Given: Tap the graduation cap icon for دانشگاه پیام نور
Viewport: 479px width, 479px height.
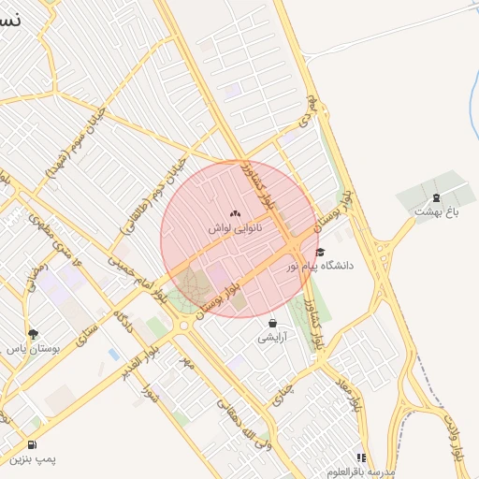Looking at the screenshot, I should tap(320, 252).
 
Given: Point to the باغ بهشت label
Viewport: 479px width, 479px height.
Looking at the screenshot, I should tap(436, 211).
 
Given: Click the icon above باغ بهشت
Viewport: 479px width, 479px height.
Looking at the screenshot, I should tap(436, 196).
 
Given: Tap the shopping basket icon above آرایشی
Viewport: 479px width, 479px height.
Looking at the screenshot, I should tap(272, 323).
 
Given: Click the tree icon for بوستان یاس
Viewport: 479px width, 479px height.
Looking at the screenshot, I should tap(34, 333).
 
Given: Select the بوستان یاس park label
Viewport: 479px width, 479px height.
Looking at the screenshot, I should tap(34, 347).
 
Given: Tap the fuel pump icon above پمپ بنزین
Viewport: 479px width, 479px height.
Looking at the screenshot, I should tap(34, 445).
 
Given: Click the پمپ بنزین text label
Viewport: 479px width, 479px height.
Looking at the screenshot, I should tap(34, 459).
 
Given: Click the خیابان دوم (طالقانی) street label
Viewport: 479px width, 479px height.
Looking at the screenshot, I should tap(140, 188).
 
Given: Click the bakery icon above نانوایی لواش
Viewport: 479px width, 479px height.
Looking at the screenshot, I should tap(235, 213).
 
